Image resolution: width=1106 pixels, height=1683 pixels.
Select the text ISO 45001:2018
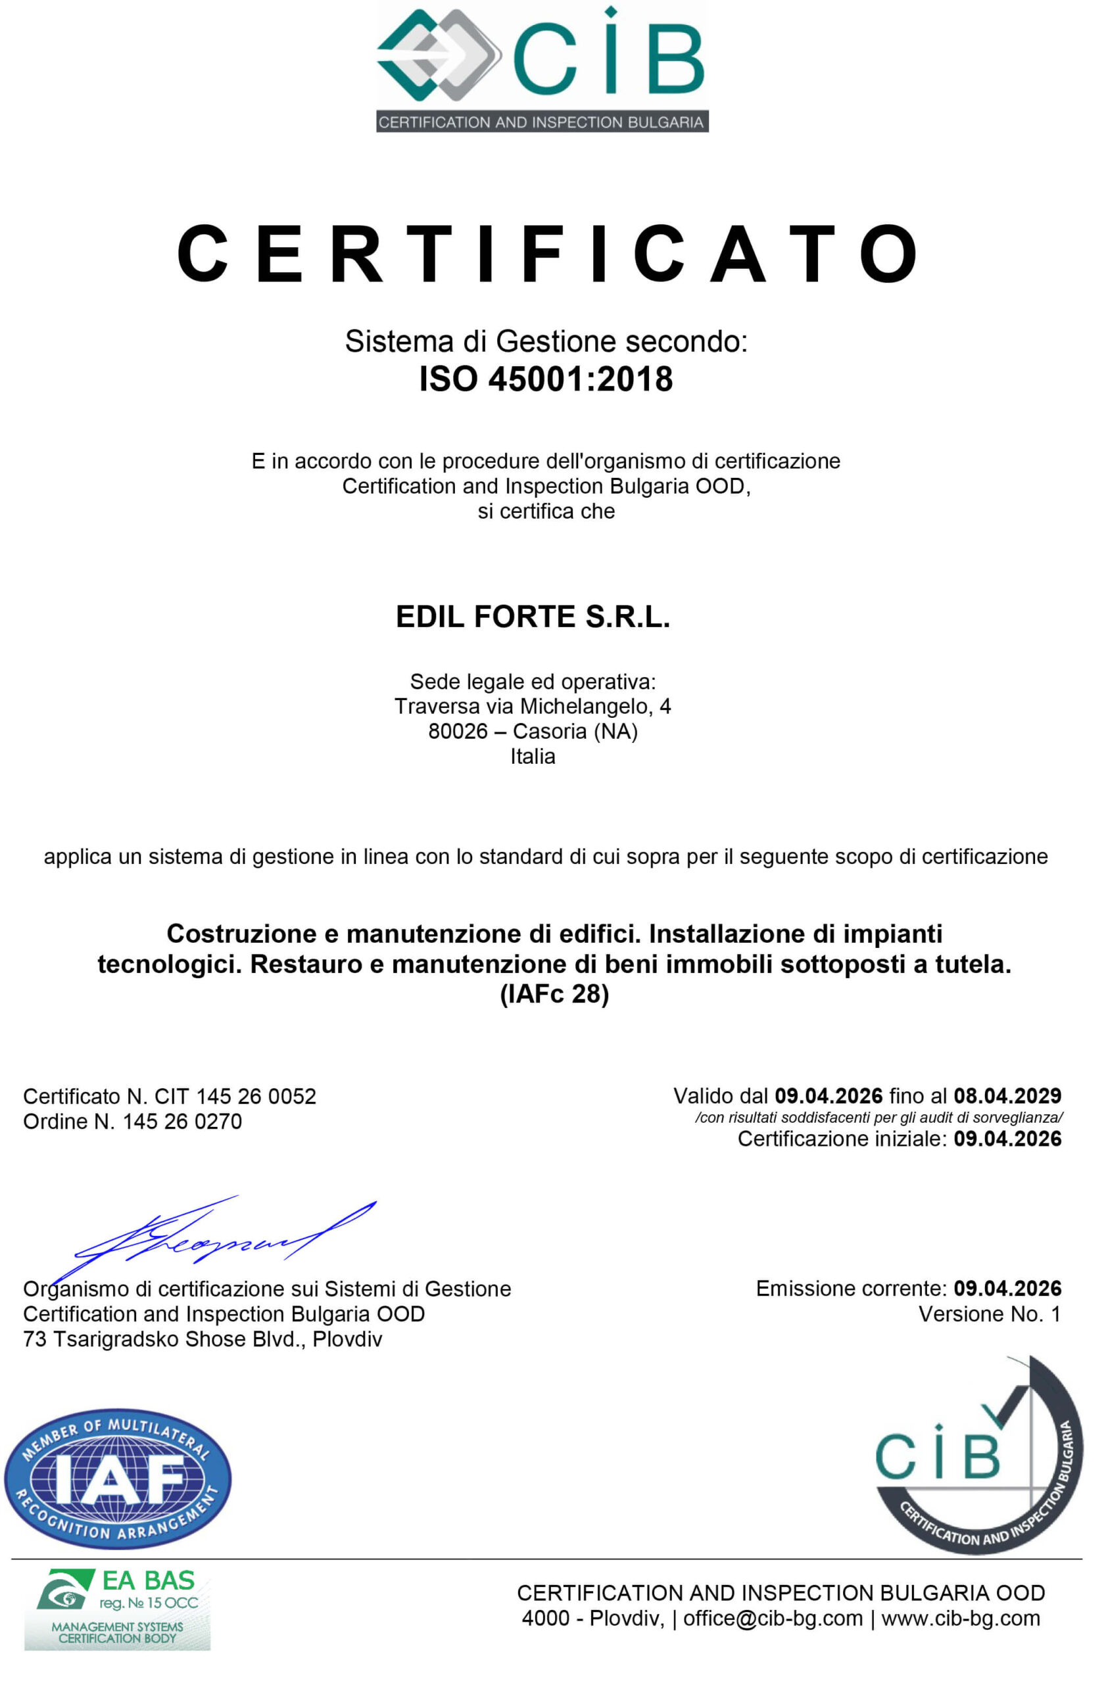tap(545, 379)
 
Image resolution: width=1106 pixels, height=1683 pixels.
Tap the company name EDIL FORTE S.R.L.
tap(533, 617)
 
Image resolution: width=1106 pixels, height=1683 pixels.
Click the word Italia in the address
tap(533, 756)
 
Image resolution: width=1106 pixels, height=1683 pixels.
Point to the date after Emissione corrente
tap(1007, 1288)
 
